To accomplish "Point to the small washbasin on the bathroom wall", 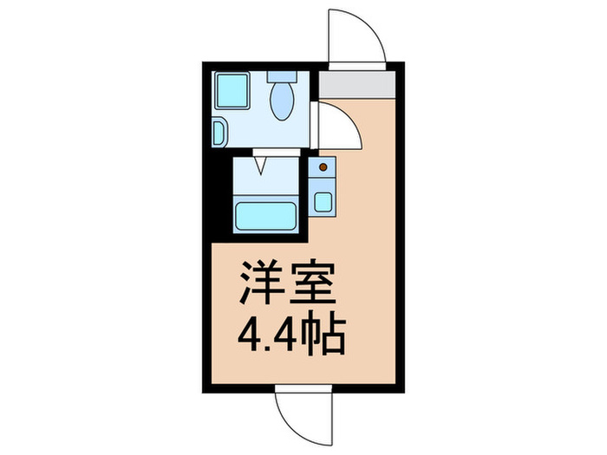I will (x=219, y=132).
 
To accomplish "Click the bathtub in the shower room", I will (x=267, y=214).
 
